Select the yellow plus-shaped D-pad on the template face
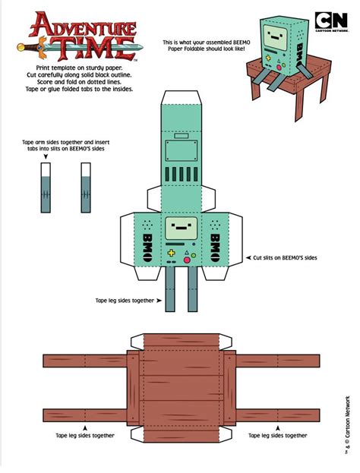pyautogui.click(x=172, y=252)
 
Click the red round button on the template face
pyautogui.click(x=191, y=255)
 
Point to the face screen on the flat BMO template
pyautogui.click(x=181, y=227)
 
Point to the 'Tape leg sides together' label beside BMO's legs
pyautogui.click(x=126, y=300)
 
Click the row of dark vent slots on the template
pyautogui.click(x=181, y=174)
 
